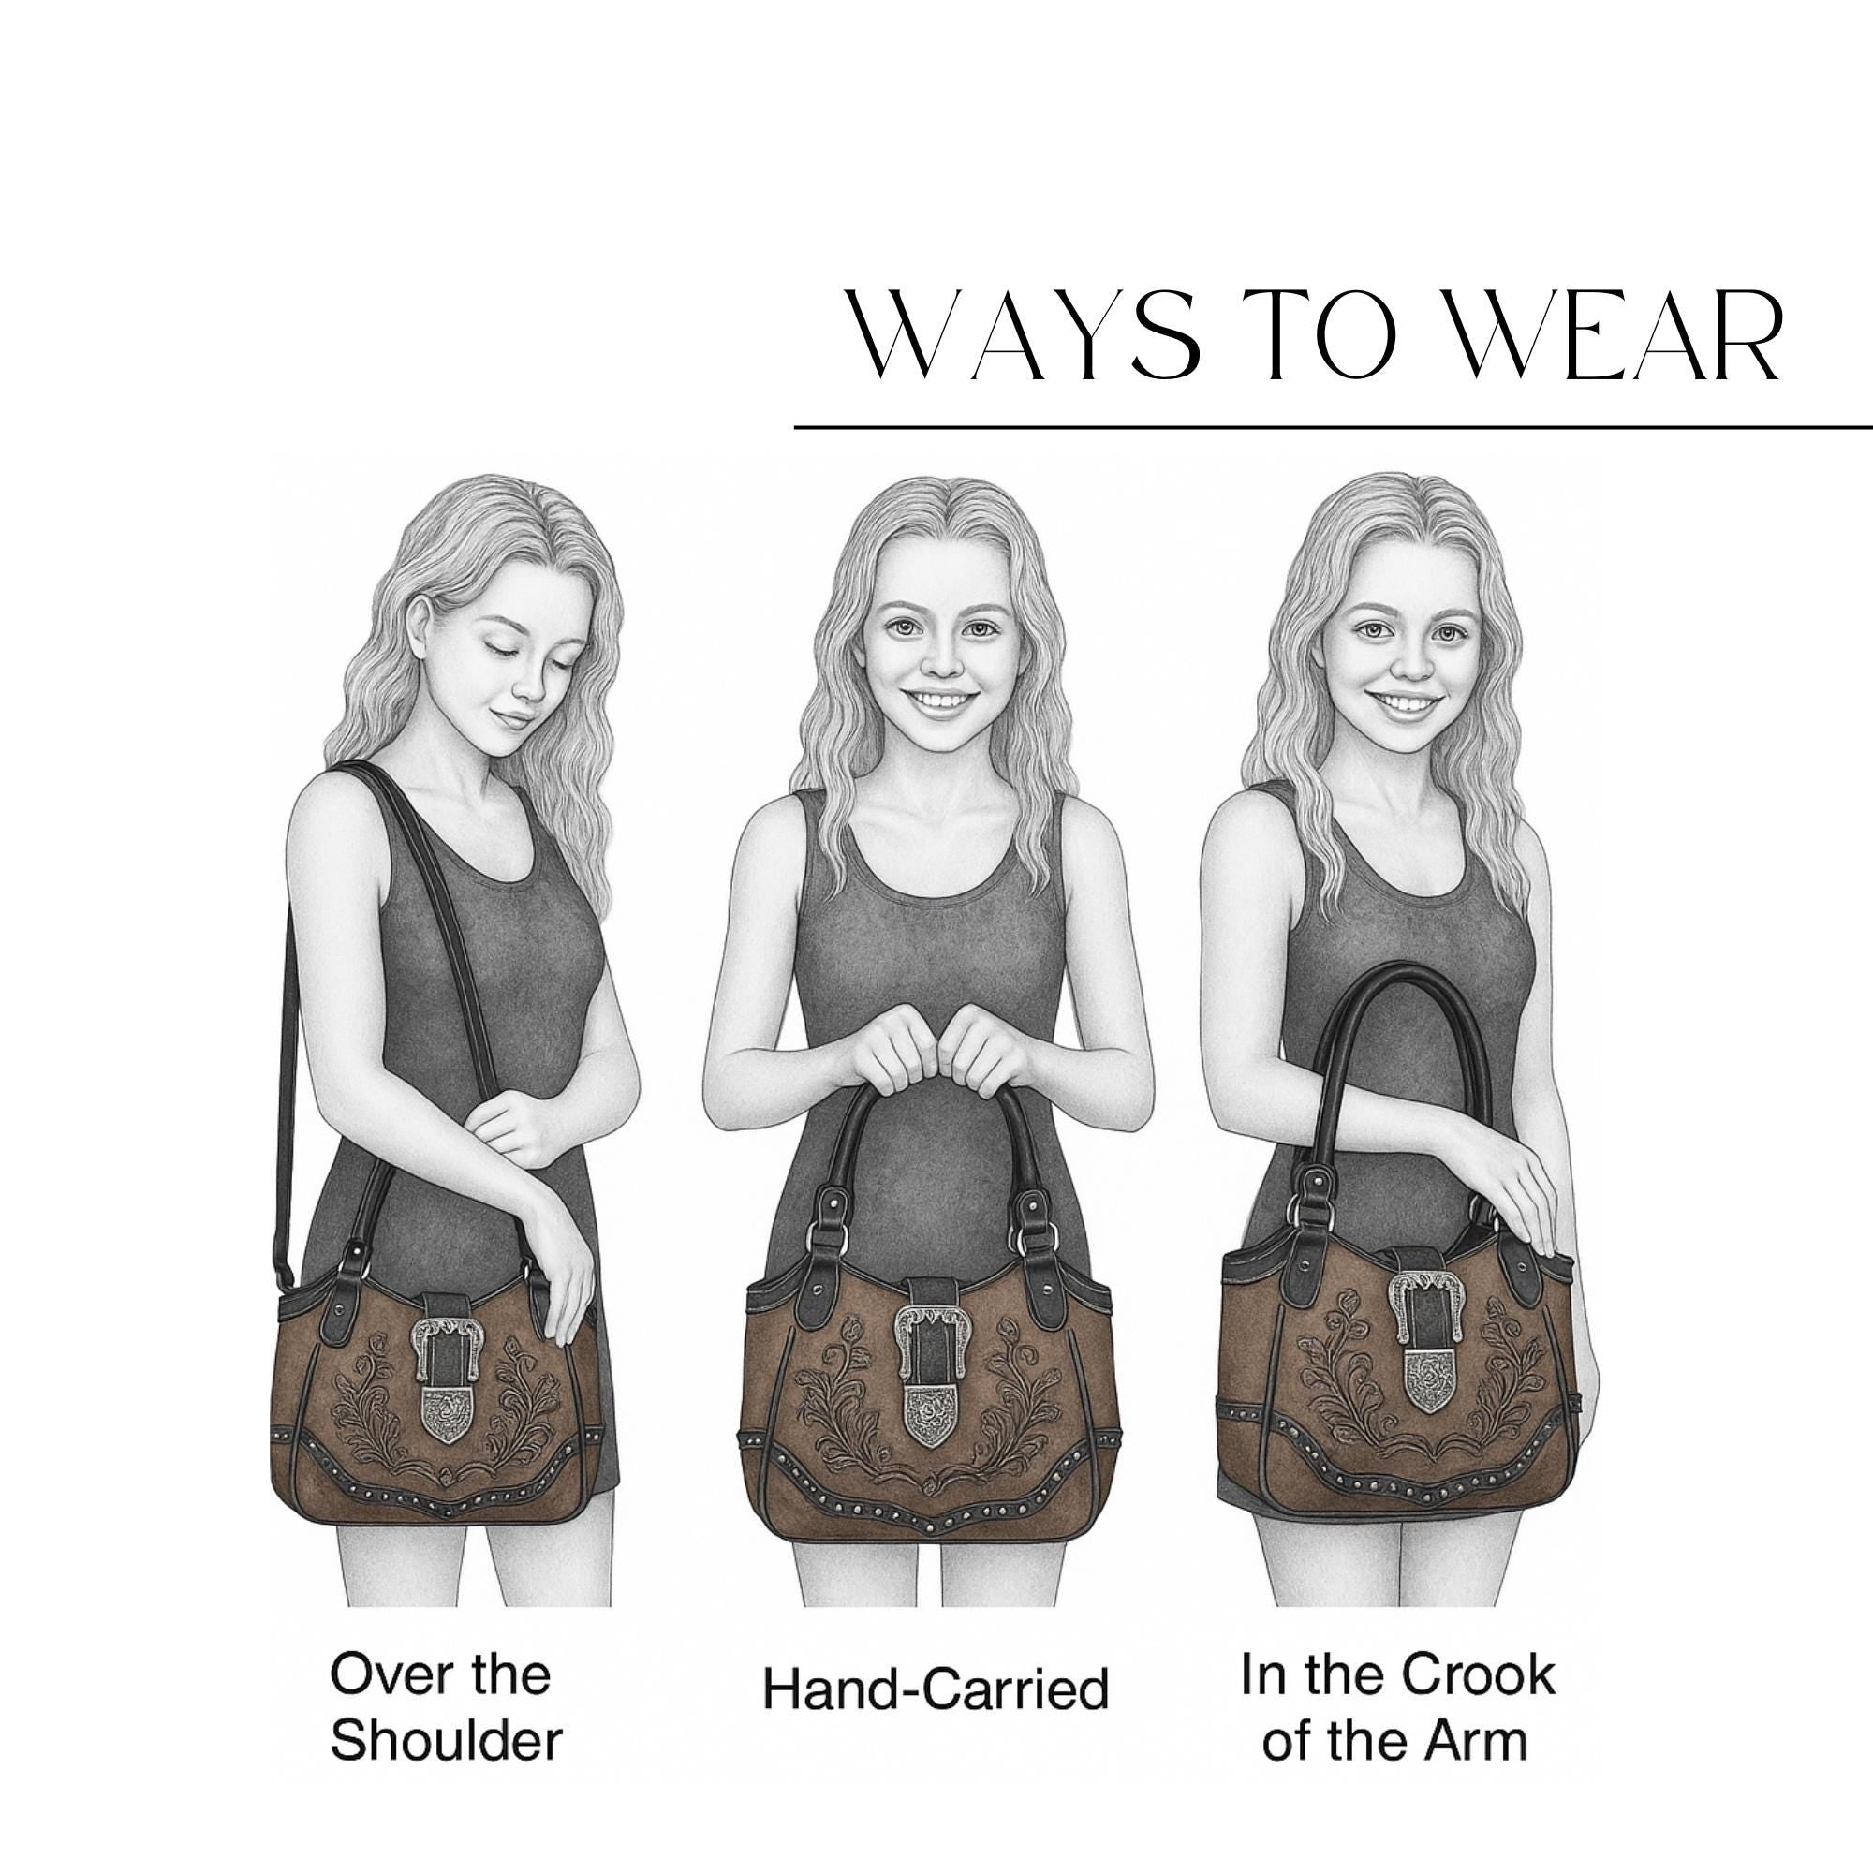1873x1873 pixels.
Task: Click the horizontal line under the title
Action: coord(1333,425)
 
